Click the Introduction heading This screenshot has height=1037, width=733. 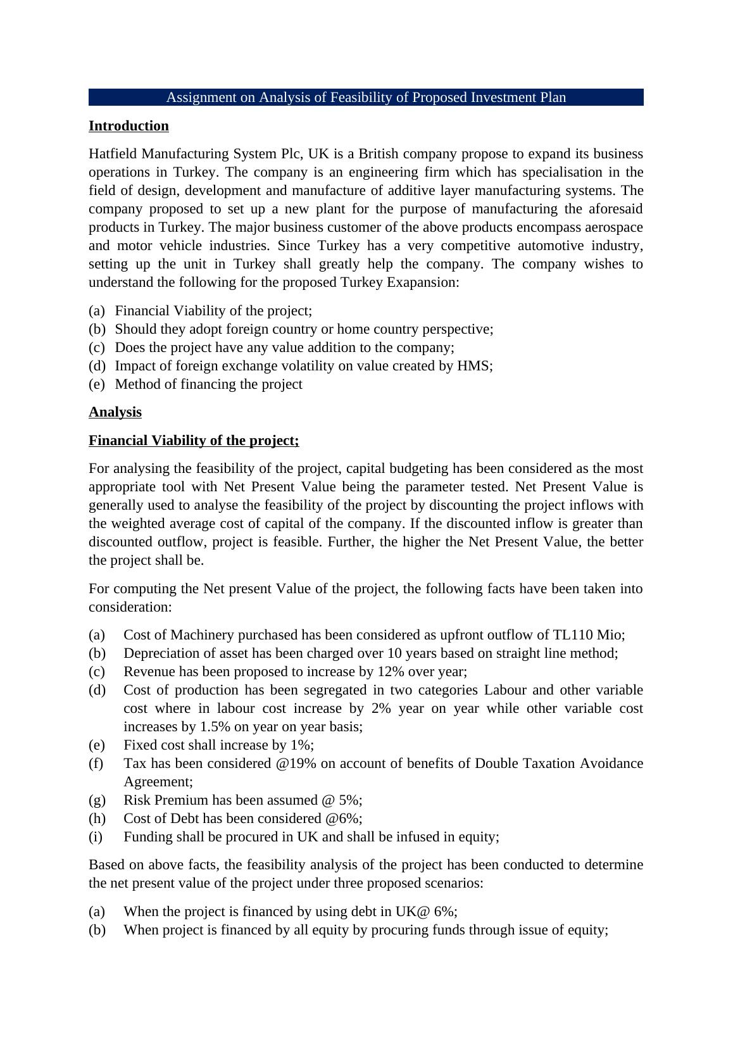128,126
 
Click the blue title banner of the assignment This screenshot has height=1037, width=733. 366,97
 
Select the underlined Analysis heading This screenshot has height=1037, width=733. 115,412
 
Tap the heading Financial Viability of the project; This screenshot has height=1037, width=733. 194,441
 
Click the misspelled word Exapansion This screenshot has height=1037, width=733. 424,282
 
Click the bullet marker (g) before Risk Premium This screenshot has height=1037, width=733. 97,800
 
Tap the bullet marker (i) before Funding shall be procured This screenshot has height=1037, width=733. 96,837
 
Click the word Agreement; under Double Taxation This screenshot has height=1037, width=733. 158,782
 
